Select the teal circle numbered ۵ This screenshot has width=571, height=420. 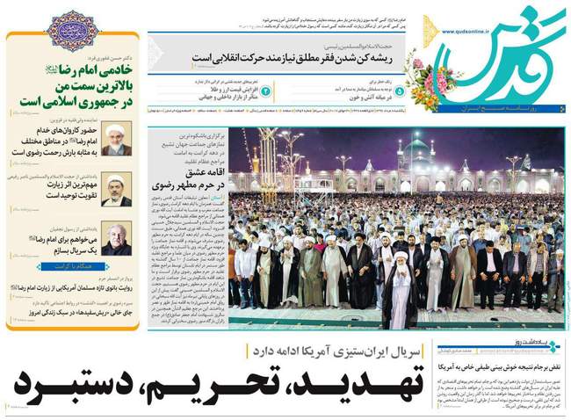[400, 90]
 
